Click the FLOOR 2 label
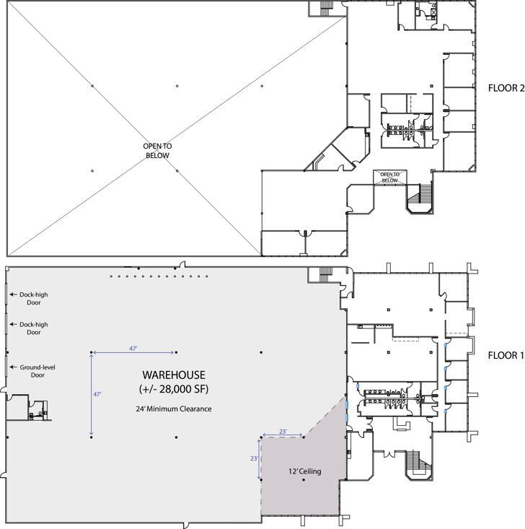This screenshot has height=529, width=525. pos(506,89)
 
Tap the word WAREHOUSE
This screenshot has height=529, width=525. pos(173,375)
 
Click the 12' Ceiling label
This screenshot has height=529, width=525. pos(303,472)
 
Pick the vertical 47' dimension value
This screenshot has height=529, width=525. pos(96,395)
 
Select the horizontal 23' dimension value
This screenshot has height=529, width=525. pos(282,432)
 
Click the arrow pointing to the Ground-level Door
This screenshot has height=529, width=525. pos(13,367)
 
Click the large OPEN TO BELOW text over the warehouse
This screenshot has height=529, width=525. pos(156,150)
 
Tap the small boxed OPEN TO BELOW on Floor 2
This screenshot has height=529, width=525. pos(389,176)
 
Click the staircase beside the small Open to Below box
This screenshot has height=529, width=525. pos(420,196)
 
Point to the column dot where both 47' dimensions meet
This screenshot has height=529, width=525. pos(92,352)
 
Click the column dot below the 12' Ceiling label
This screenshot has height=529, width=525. pos(303,481)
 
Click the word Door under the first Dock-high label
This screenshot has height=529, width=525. pos(33,303)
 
